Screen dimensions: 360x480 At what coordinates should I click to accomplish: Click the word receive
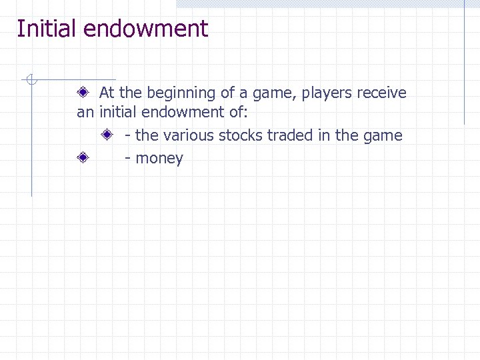(x=381, y=93)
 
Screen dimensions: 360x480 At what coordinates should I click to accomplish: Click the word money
(x=159, y=158)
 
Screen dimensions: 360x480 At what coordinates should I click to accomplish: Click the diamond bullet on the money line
(x=83, y=158)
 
